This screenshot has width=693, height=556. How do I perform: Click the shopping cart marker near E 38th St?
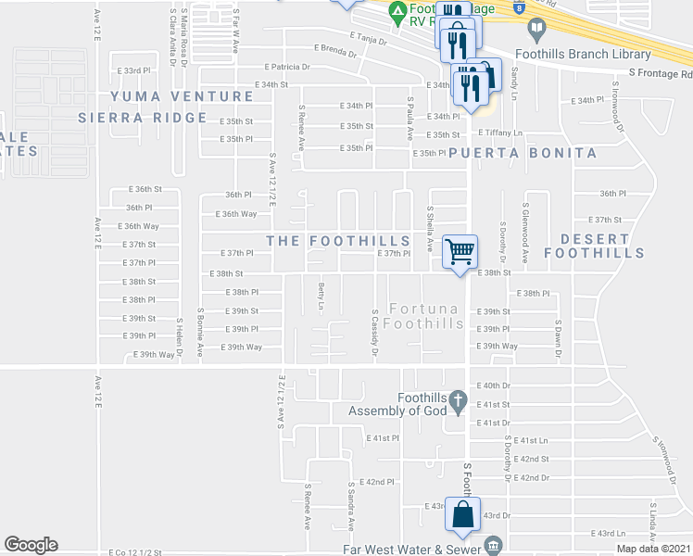[x=460, y=251]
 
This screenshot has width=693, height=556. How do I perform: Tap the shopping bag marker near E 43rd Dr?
[x=462, y=514]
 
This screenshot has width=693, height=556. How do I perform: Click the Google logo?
[x=31, y=544]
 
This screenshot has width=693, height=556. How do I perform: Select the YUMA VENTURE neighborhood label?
[x=182, y=96]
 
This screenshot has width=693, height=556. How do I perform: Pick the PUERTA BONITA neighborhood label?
[x=523, y=152]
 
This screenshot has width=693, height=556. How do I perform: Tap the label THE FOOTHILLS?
[x=338, y=240]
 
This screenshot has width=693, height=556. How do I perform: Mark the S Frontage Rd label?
[x=659, y=71]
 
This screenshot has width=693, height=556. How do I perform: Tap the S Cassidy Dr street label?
[x=374, y=334]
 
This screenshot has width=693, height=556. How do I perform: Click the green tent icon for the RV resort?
[x=397, y=13]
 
